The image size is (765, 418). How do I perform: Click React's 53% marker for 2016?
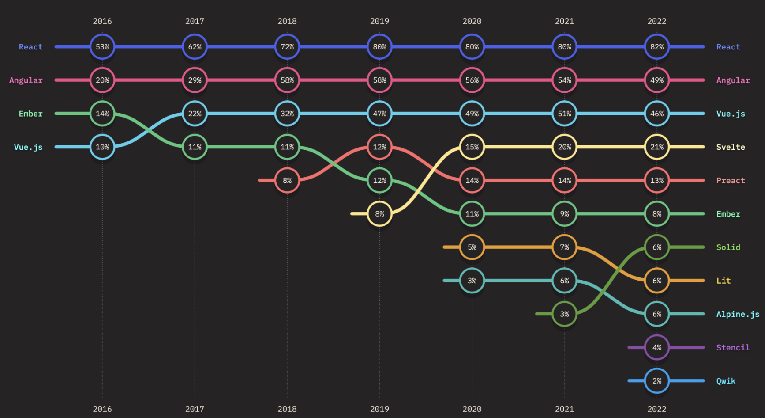coord(102,47)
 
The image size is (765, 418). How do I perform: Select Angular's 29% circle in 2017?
coord(195,80)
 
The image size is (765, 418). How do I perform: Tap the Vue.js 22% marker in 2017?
coord(195,114)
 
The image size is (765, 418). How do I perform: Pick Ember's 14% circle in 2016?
coord(102,114)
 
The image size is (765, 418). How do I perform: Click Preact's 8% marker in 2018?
coord(287,180)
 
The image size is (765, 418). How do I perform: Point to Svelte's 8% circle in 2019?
coord(379,214)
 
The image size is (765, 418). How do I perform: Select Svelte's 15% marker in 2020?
coord(472,147)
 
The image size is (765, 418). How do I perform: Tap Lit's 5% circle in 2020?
coord(472,247)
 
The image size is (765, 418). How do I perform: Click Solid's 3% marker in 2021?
coord(564,314)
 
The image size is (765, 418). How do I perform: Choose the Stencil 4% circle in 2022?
coord(657,348)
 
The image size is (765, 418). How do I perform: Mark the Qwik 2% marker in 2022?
coord(657,381)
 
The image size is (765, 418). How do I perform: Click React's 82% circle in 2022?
coord(657,47)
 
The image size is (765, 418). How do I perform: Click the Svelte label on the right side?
coord(731,147)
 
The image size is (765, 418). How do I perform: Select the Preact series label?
coord(731,180)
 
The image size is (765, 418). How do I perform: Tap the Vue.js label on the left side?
coord(28,147)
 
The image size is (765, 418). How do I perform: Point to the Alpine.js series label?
coord(738,314)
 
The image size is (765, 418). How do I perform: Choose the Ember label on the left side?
coord(30,114)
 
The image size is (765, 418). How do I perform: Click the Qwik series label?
coord(726,381)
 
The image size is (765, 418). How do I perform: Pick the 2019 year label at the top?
coord(379,21)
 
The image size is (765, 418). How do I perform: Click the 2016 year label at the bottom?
coord(102,409)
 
